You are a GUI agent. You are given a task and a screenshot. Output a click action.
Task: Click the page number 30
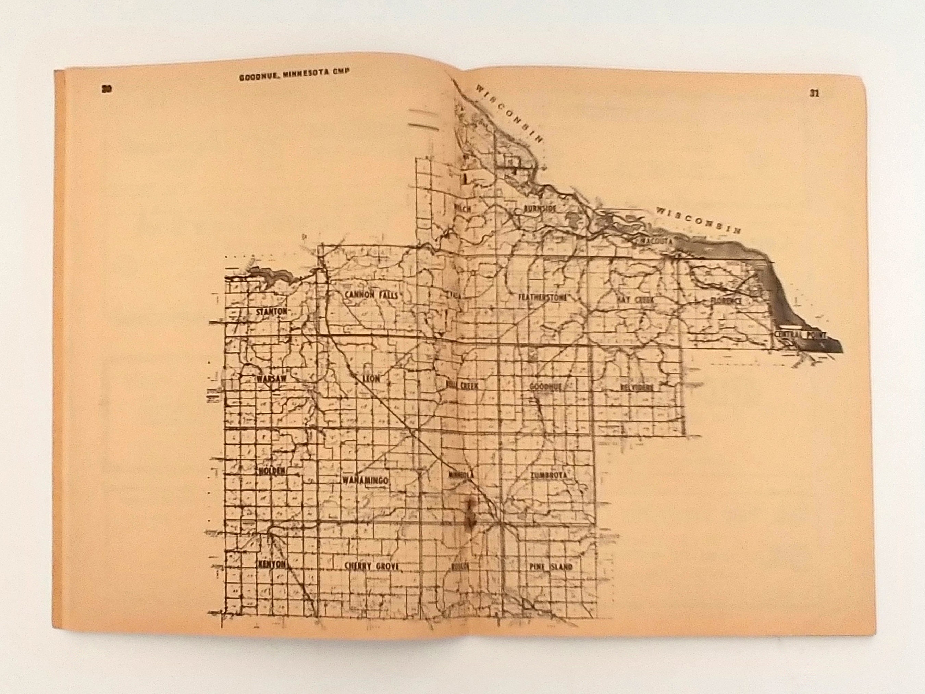tap(107, 89)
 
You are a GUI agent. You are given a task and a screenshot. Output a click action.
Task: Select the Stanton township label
tap(272, 312)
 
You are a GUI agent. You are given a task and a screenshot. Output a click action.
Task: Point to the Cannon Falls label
tap(371, 295)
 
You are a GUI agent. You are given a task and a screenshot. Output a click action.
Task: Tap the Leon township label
tap(371, 379)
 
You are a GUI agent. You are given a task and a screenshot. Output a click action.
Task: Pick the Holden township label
tap(272, 471)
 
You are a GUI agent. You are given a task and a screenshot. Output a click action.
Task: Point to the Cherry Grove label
tap(371, 567)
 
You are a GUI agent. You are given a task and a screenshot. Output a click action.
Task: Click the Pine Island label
tap(550, 567)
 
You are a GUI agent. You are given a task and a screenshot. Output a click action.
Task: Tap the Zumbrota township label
tap(548, 475)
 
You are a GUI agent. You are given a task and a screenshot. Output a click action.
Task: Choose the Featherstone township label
tap(543, 297)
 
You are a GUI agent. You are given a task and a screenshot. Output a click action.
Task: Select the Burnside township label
tap(540, 209)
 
